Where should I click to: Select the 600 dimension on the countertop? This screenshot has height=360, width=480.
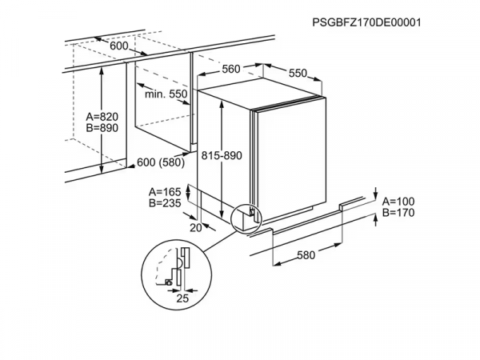[119, 46]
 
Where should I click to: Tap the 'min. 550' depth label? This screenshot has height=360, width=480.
[166, 94]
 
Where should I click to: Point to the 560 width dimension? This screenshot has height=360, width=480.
[231, 69]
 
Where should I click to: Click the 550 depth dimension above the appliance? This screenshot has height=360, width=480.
[297, 73]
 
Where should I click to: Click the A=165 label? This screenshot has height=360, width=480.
[166, 192]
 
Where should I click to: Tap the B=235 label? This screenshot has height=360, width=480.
[166, 204]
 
